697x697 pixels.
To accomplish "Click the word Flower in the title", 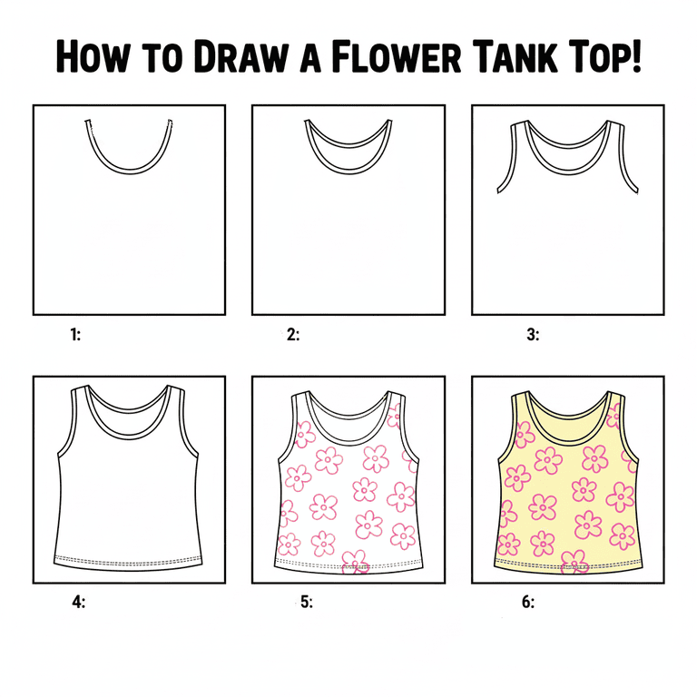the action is click(396, 56).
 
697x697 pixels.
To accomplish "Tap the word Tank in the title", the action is click(515, 56).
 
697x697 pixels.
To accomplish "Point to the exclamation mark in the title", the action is click(636, 56).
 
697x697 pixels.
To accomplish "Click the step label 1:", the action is click(75, 334).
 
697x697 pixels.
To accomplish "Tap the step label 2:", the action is click(293, 334).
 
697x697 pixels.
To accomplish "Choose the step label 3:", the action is click(533, 334).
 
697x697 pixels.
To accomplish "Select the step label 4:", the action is click(79, 602).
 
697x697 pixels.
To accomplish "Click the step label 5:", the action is click(307, 602).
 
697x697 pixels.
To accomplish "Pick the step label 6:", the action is click(528, 602).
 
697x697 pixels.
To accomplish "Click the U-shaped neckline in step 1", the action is click(129, 171).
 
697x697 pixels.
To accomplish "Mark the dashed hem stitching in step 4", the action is click(128, 561).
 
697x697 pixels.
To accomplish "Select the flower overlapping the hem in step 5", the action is click(356, 562).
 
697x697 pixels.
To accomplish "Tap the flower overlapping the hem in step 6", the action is click(574, 562).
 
